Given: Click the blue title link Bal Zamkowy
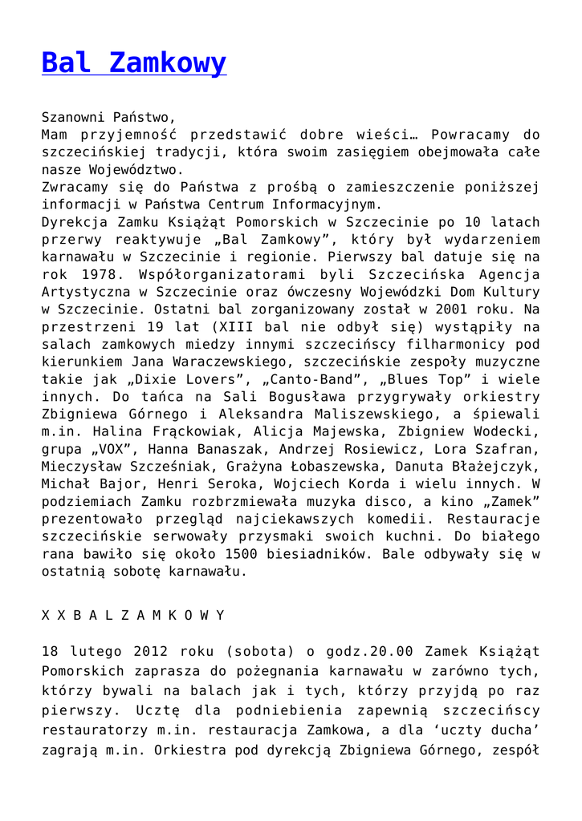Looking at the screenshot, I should pos(134,63).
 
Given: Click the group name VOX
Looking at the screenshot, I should pos(113,449).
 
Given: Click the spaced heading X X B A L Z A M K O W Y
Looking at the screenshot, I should pos(133,615).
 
